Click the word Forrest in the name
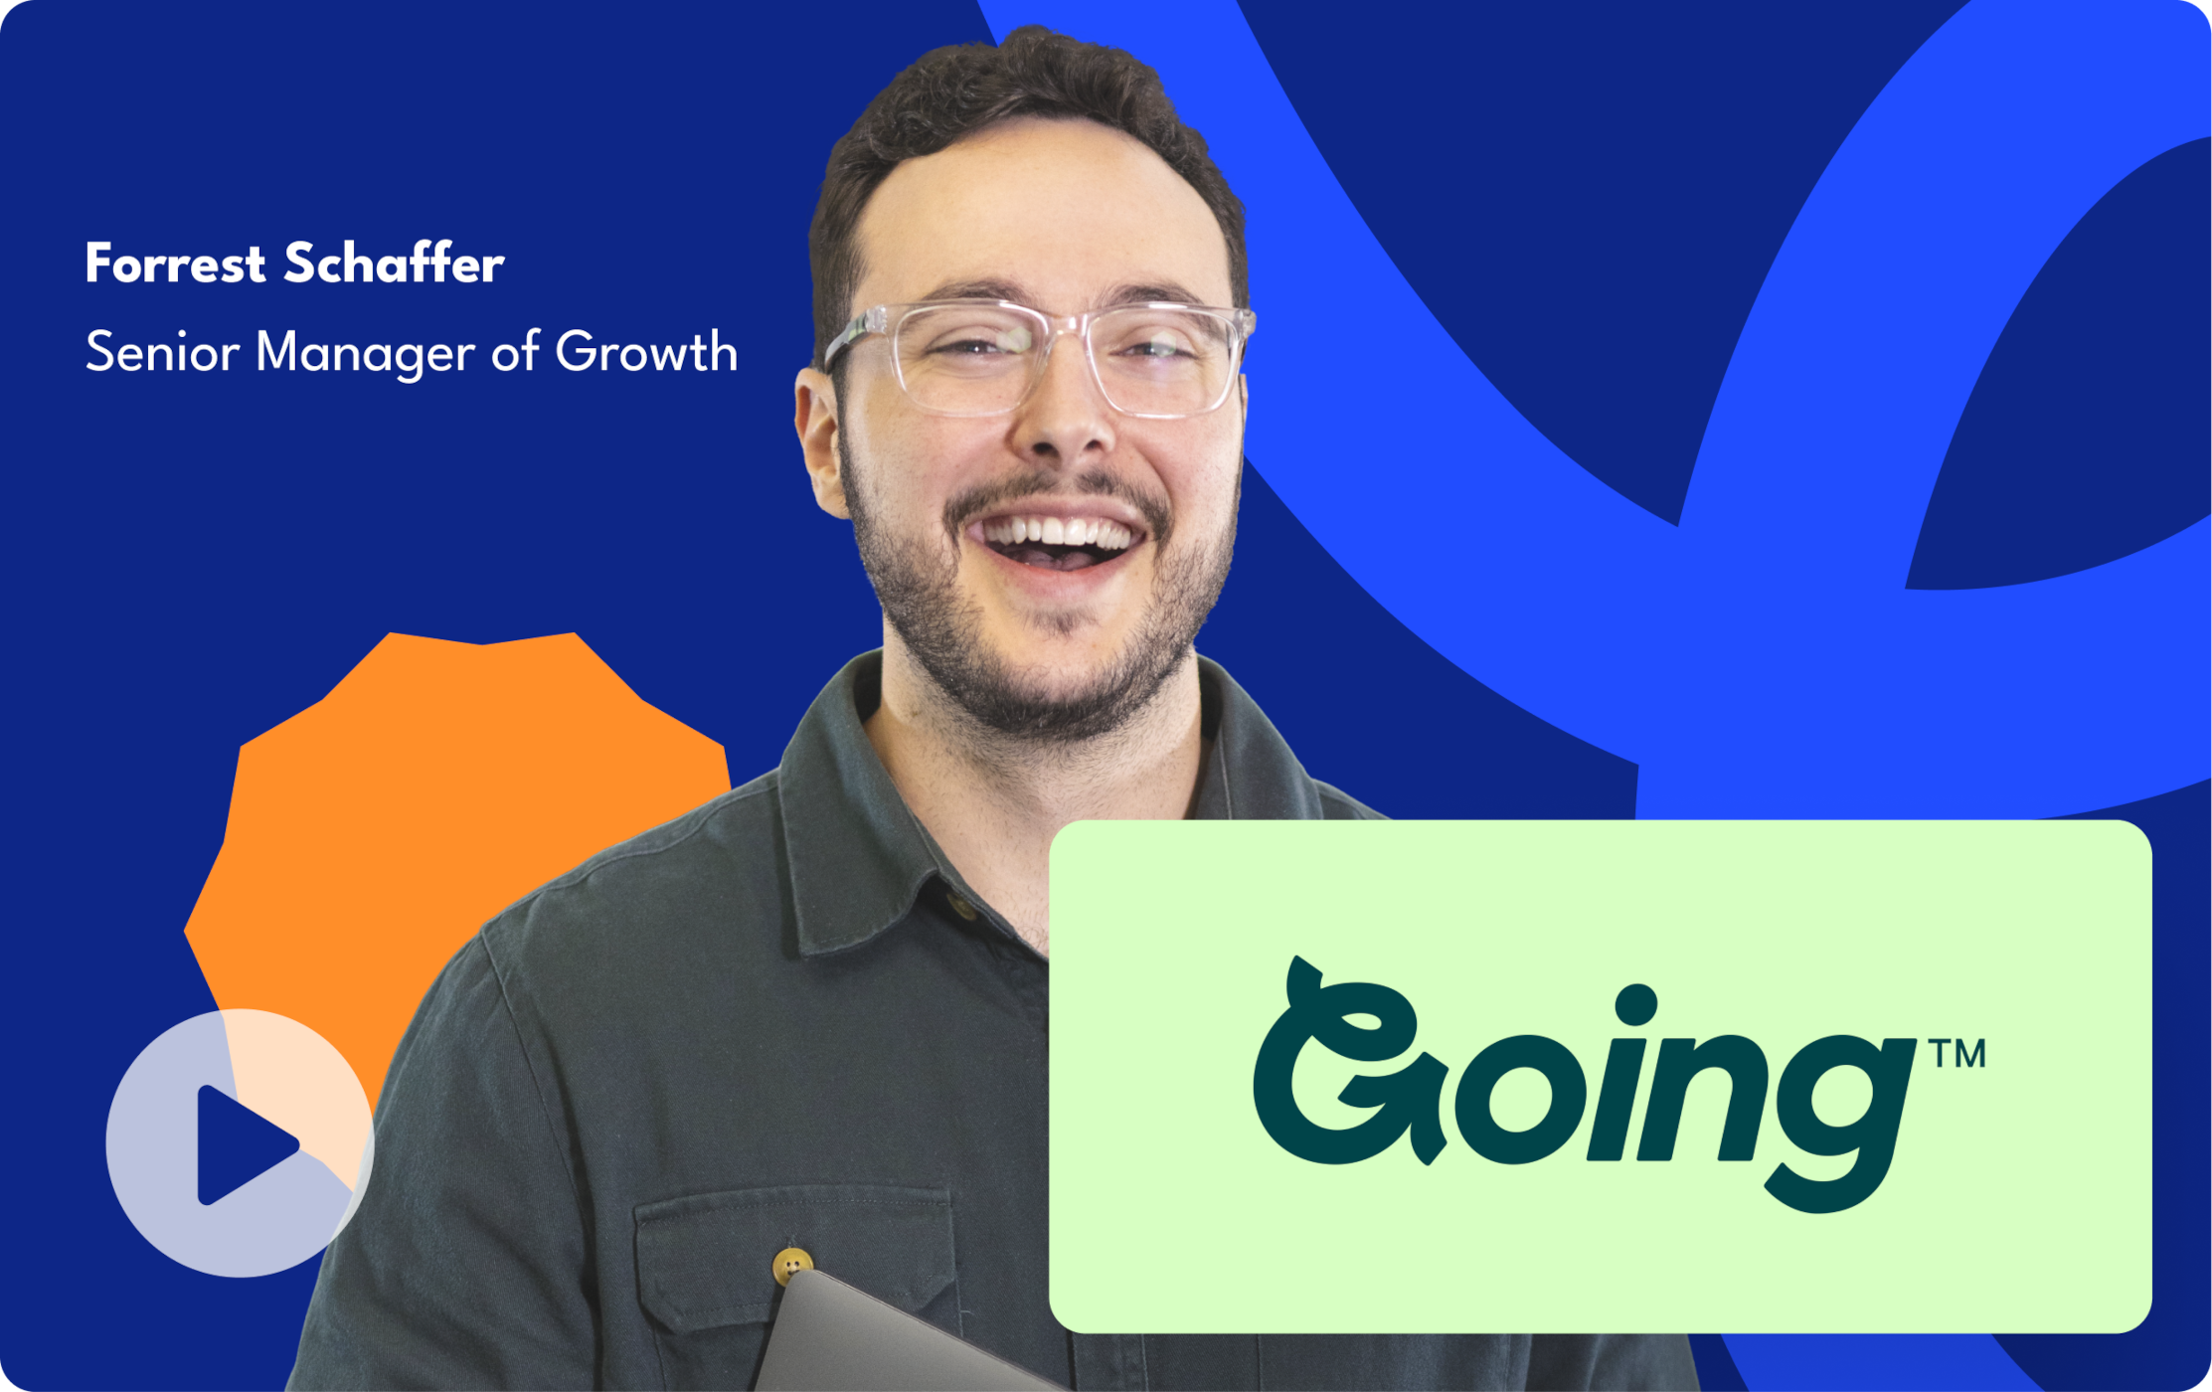click(x=175, y=263)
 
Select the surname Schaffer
click(x=395, y=263)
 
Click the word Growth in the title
click(x=646, y=352)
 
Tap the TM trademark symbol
click(x=1957, y=1053)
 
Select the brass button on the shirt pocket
click(x=792, y=1266)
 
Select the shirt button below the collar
click(x=961, y=905)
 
